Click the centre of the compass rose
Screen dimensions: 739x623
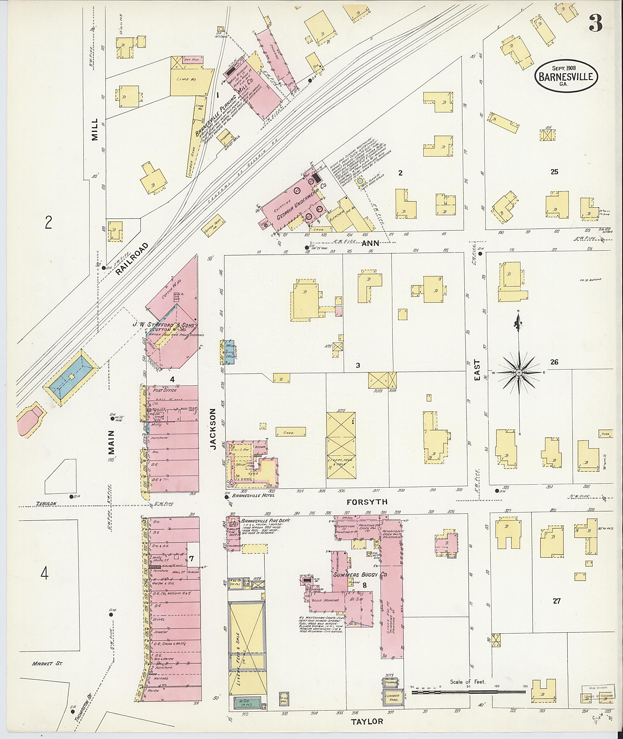[519, 373]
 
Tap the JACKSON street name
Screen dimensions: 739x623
[213, 429]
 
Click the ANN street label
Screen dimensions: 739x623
[370, 243]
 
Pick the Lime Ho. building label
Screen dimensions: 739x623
[188, 79]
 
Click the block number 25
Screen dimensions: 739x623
[554, 172]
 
